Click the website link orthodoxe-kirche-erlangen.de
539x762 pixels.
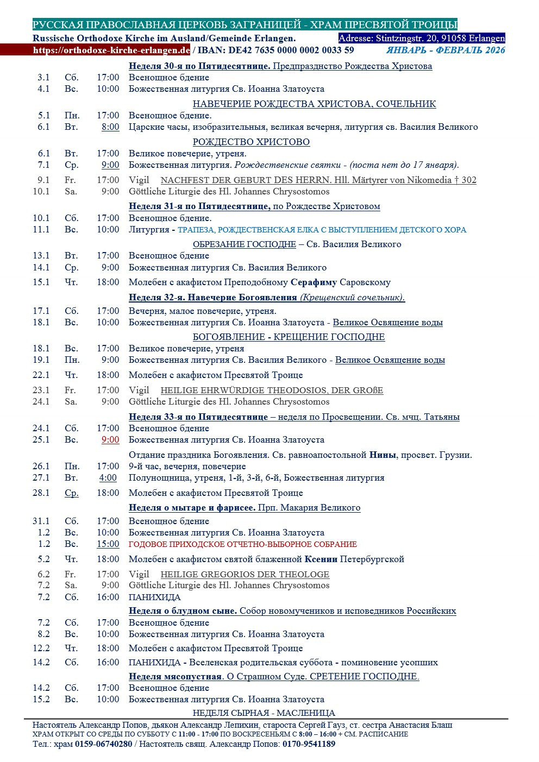pyautogui.click(x=111, y=51)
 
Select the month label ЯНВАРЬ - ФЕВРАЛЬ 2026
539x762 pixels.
pyautogui.click(x=446, y=51)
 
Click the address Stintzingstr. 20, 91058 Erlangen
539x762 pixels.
pyautogui.click(x=440, y=38)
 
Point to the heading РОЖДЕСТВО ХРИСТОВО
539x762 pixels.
pyautogui.click(x=251, y=142)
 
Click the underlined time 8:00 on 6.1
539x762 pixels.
pyautogui.click(x=110, y=127)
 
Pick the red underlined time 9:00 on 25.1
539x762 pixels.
pyautogui.click(x=110, y=440)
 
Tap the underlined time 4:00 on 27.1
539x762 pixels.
pyautogui.click(x=108, y=478)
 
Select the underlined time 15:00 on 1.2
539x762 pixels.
pyautogui.click(x=108, y=544)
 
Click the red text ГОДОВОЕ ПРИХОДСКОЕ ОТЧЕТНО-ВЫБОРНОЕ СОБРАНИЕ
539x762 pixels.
pyautogui.click(x=242, y=544)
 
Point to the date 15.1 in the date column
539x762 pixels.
pyautogui.click(x=41, y=282)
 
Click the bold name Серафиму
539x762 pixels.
pyautogui.click(x=314, y=282)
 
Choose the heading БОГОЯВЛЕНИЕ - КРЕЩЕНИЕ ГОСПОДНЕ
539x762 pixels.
pyautogui.click(x=289, y=337)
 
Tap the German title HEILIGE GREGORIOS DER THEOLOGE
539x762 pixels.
pyautogui.click(x=245, y=575)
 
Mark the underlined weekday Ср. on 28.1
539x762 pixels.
pyautogui.click(x=71, y=493)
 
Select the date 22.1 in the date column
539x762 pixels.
pyautogui.click(x=41, y=375)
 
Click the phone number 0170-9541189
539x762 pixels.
pyautogui.click(x=309, y=744)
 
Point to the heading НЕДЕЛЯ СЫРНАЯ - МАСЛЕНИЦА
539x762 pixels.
pyautogui.click(x=264, y=713)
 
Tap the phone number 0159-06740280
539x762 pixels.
pyautogui.click(x=103, y=744)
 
